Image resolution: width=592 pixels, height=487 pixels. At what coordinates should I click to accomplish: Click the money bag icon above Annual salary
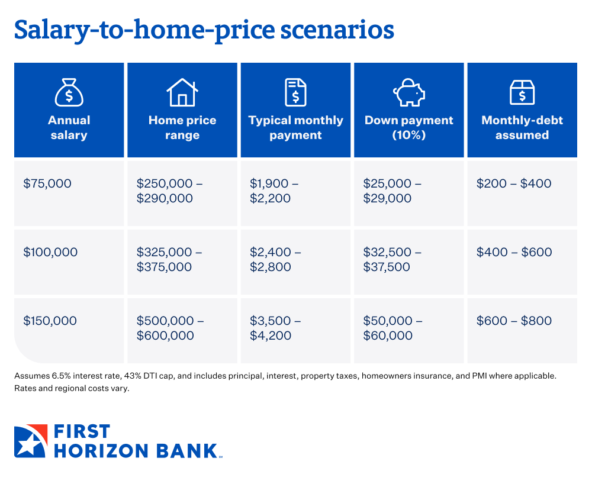[69, 92]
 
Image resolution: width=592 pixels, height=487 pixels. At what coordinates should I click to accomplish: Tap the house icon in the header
[182, 92]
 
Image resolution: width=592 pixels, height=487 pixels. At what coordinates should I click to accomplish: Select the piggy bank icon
[408, 92]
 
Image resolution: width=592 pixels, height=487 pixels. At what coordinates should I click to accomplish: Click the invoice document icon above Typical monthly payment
[295, 92]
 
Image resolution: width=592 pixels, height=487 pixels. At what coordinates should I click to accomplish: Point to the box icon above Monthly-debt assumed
[522, 92]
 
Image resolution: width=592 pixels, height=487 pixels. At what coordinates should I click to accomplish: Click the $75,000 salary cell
[47, 183]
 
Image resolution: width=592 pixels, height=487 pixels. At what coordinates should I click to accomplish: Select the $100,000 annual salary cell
[50, 252]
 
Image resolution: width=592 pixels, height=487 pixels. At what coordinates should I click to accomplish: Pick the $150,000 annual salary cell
[50, 321]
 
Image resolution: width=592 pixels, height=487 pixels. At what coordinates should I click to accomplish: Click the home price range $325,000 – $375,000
[169, 259]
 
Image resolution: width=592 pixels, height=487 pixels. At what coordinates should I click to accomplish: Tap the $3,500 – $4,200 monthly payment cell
[275, 328]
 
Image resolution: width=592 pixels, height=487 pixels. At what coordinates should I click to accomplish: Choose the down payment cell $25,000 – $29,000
[392, 191]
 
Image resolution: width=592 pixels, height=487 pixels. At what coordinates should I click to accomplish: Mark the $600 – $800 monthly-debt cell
[514, 321]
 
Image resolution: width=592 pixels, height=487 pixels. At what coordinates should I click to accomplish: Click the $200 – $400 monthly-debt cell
[514, 183]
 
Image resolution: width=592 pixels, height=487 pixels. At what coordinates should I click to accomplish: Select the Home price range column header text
[182, 128]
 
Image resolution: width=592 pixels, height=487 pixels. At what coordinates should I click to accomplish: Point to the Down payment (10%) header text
[408, 128]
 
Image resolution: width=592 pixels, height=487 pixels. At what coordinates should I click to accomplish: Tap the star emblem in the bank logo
[30, 441]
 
